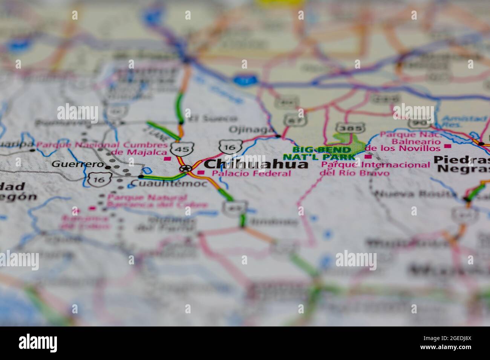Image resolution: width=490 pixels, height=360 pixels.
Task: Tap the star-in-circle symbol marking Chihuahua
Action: point(185,168)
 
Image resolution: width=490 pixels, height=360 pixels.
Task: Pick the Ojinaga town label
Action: point(251,130)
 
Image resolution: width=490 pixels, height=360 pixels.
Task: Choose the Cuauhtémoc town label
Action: point(169,184)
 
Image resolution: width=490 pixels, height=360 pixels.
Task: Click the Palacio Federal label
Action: point(251,174)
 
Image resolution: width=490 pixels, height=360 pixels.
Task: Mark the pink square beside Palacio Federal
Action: point(201,173)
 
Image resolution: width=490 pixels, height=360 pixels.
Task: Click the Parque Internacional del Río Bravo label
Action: point(375,169)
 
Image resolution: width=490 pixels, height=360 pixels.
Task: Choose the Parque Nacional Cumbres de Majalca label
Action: point(102,148)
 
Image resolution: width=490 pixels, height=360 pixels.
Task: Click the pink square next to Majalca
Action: point(167,159)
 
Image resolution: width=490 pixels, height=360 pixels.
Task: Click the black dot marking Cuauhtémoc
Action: point(141,176)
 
